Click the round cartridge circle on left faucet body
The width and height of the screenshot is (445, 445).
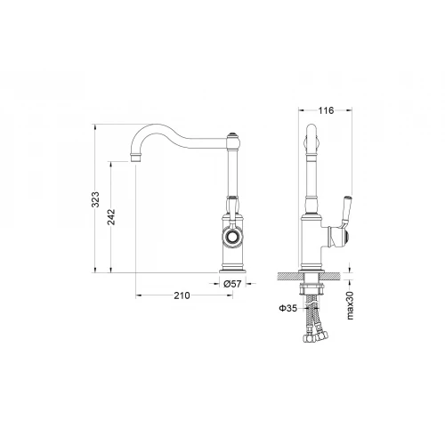pos(232,239)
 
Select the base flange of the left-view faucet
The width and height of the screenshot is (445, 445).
pos(232,268)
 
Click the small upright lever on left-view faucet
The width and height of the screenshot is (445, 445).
pos(231,208)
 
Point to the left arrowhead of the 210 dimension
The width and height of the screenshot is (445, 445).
pos(136,295)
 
